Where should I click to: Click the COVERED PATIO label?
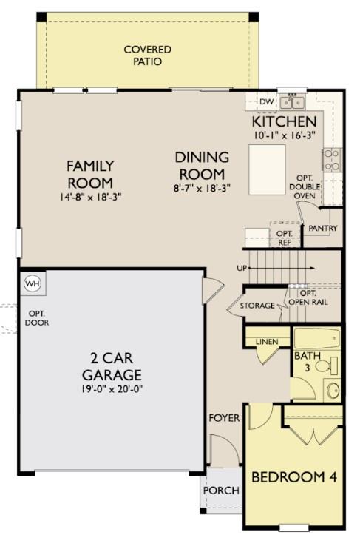pos(148,55)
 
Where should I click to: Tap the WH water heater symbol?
pos(32,283)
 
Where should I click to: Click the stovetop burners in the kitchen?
pos(331,160)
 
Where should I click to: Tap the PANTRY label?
pos(323,229)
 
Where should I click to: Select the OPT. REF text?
pos(285,238)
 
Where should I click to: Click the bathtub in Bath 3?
pos(317,341)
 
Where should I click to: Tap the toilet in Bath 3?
pos(330,365)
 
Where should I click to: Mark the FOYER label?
pos(223,418)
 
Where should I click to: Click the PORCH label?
pos(221,490)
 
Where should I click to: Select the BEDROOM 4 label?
pos(294,477)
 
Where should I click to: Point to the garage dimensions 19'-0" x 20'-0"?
pos(112,389)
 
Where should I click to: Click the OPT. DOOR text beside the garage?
pos(36,318)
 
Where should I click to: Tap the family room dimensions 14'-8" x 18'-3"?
pos(89,198)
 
